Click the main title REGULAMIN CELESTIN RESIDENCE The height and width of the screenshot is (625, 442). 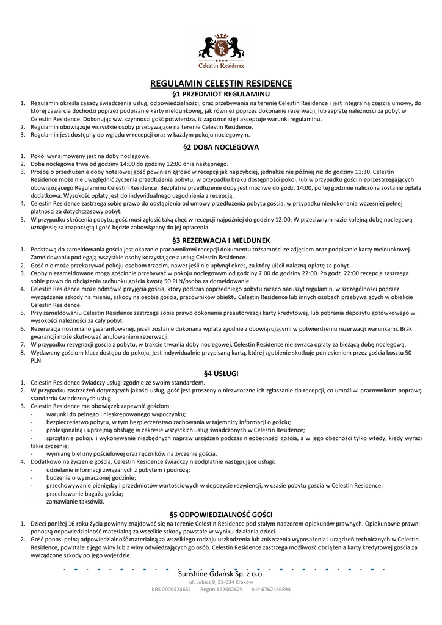(x=221, y=83)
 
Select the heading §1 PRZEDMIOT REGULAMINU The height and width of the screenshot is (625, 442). (x=221, y=95)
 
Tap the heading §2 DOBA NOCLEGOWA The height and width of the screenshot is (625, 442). (x=221, y=147)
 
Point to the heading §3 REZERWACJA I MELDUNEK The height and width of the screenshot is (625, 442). (x=221, y=240)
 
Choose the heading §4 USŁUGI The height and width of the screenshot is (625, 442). (x=221, y=372)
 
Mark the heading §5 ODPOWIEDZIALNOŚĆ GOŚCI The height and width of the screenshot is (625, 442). (x=221, y=514)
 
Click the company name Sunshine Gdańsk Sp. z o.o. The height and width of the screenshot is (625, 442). (x=221, y=574)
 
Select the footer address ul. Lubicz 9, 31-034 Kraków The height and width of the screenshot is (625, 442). (x=221, y=583)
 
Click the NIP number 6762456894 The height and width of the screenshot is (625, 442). (x=276, y=590)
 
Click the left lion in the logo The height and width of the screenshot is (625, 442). (x=208, y=45)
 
